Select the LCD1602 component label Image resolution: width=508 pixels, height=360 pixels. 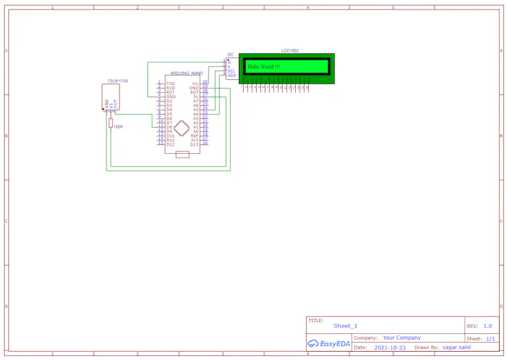pos(290,51)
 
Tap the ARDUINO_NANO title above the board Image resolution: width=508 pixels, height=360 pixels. pos(187,73)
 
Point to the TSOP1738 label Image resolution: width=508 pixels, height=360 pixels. pos(117,81)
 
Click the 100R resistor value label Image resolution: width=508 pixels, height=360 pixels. pos(118,126)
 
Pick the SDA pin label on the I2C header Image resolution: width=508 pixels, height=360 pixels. pos(231,75)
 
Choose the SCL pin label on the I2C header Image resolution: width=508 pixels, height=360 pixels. pos(231,71)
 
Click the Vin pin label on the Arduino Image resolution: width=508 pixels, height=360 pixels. pos(195,83)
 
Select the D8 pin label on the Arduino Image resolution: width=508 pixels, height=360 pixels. pos(170,127)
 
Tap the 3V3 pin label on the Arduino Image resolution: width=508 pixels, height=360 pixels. pos(194,140)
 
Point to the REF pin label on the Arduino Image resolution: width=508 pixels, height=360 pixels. pos(194,136)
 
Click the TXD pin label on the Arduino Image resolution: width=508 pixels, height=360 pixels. pos(170,84)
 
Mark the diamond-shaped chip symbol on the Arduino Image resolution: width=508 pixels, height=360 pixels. pos(182,128)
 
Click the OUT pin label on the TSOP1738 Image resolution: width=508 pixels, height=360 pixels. pos(116,104)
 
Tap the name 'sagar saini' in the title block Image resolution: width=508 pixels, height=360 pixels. pos(457,348)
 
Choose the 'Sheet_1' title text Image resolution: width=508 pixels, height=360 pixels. pos(345,326)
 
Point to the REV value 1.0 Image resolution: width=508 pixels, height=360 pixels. pos(487,326)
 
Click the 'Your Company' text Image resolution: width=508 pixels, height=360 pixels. pos(402,338)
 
